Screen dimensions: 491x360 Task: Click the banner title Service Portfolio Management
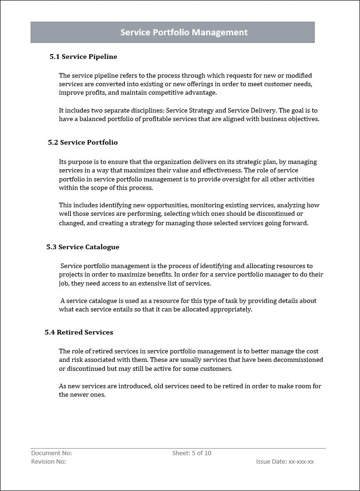pyautogui.click(x=184, y=33)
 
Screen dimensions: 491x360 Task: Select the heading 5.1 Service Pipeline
pyautogui.click(x=83, y=57)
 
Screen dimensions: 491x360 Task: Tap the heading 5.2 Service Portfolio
pyautogui.click(x=83, y=142)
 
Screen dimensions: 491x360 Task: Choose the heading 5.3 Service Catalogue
pyautogui.click(x=83, y=247)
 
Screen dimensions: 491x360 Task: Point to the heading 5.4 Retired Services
pyautogui.click(x=79, y=332)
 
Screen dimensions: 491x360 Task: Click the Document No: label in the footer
pyautogui.click(x=51, y=453)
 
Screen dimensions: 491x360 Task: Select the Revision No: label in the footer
pyautogui.click(x=49, y=462)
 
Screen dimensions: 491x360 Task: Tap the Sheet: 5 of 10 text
pyautogui.click(x=192, y=453)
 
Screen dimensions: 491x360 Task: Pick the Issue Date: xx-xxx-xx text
pyautogui.click(x=285, y=462)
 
